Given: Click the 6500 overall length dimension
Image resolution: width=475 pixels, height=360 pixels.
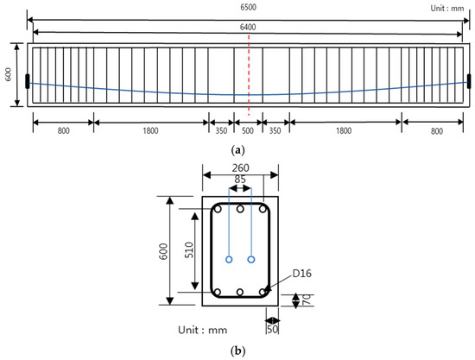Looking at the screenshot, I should pyautogui.click(x=249, y=8).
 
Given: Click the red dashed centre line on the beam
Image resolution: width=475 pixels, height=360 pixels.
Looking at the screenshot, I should pyautogui.click(x=249, y=78).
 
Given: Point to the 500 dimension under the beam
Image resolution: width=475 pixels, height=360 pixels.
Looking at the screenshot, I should pyautogui.click(x=249, y=131).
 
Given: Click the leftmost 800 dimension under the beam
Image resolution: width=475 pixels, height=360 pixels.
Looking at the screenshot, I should pyautogui.click(x=63, y=131).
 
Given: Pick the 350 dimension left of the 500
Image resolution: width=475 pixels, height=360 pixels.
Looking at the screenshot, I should pyautogui.click(x=221, y=131).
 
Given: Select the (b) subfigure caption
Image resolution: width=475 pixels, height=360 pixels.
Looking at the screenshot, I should pyautogui.click(x=237, y=351).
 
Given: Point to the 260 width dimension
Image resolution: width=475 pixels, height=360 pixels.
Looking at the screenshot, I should pyautogui.click(x=240, y=169).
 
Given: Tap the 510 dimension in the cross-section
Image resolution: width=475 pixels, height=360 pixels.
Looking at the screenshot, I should pyautogui.click(x=189, y=251).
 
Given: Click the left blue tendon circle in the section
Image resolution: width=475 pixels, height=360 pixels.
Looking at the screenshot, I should pyautogui.click(x=229, y=259).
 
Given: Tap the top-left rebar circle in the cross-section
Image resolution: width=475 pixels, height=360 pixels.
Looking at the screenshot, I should pyautogui.click(x=219, y=210).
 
